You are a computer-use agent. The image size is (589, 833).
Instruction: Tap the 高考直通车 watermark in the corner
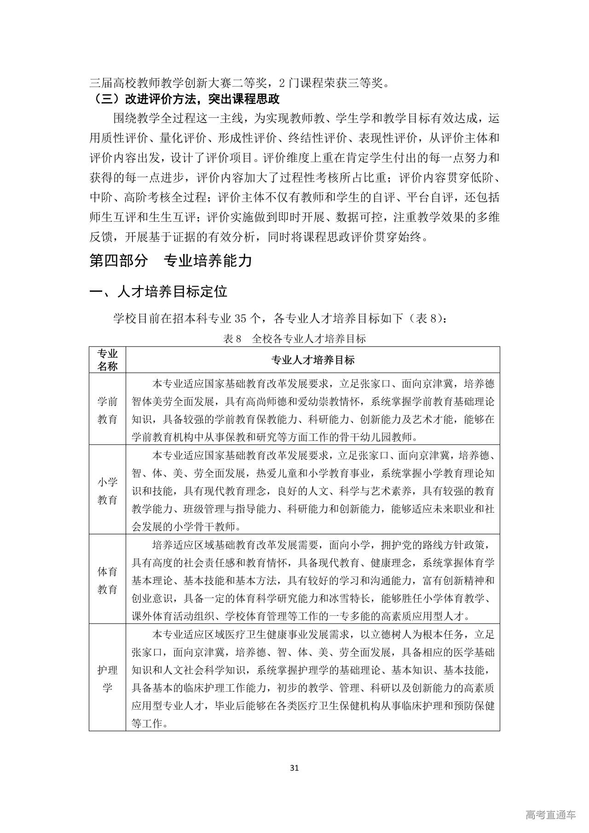click(550, 816)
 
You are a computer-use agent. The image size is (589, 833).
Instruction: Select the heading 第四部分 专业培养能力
click(171, 261)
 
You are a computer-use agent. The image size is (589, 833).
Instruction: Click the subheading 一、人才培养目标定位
click(158, 291)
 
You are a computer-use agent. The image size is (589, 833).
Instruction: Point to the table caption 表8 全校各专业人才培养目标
click(294, 339)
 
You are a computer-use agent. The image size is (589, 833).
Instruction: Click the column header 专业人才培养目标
click(312, 360)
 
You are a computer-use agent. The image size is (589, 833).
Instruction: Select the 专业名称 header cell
click(107, 360)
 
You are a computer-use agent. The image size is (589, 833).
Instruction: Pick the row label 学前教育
click(107, 410)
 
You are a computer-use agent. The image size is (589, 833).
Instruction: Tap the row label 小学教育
click(107, 491)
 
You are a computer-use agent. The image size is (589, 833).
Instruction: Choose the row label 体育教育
click(107, 580)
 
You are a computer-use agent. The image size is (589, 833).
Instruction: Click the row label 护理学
click(107, 679)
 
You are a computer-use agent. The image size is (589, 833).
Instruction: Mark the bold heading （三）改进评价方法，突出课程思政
click(186, 99)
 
